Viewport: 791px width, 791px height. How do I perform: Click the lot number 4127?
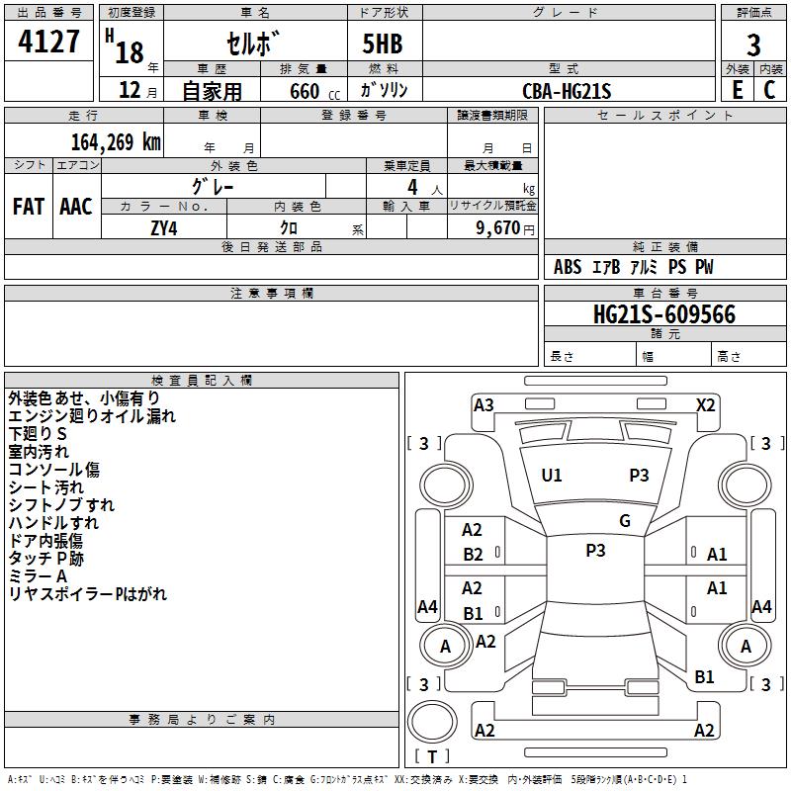[48, 43]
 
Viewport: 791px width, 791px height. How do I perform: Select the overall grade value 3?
[753, 44]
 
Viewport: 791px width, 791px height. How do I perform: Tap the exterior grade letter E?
[737, 89]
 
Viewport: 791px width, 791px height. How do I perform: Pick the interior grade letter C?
[770, 89]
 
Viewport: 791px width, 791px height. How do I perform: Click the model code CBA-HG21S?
[568, 91]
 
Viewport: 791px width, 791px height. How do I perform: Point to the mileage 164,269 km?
[116, 141]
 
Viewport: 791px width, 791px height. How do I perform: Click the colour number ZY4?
[164, 227]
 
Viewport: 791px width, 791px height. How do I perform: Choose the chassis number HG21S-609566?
[663, 314]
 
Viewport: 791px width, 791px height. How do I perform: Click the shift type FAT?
[29, 206]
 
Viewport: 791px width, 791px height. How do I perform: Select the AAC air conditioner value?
[76, 206]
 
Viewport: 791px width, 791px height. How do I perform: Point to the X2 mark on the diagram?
[706, 404]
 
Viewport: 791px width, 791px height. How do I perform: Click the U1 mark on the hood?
[552, 476]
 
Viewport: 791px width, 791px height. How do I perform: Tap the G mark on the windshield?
[625, 520]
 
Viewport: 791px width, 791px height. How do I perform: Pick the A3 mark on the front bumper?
[483, 404]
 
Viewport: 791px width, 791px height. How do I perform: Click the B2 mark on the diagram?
[474, 554]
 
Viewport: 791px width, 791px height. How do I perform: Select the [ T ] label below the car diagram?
[432, 756]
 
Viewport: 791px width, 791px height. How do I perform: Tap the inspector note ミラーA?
[38, 576]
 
